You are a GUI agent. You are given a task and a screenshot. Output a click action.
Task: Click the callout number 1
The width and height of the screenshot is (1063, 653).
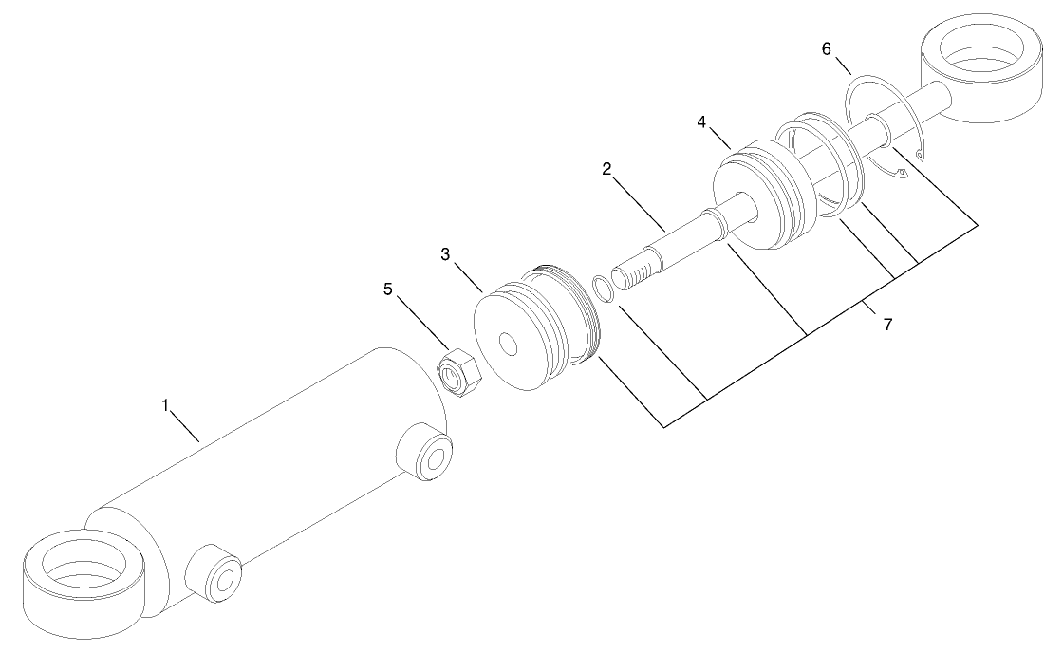164,405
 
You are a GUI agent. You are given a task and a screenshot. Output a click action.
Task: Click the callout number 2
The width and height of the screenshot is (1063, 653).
606,170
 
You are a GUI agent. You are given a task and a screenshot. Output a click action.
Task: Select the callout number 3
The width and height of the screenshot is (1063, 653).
444,254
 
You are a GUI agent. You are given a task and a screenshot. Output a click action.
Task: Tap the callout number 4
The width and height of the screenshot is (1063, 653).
701,122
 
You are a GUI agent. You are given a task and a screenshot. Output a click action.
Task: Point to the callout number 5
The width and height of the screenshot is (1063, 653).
388,289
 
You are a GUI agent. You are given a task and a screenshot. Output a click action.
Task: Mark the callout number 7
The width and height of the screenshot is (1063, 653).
887,325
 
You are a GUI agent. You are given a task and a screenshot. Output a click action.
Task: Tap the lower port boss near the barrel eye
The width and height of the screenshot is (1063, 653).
214,573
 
